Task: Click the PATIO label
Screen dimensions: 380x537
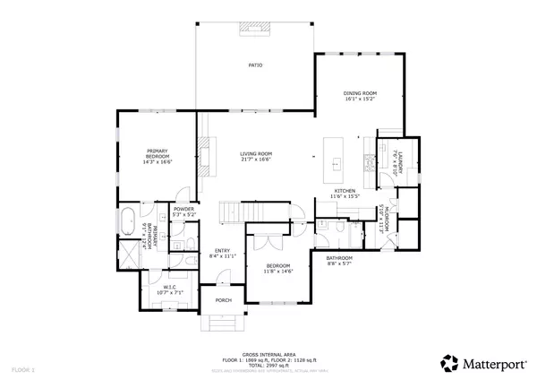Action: point(255,66)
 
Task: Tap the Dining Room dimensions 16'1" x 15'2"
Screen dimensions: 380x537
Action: point(362,99)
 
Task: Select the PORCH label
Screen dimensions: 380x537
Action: point(220,301)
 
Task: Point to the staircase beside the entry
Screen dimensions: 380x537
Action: point(235,211)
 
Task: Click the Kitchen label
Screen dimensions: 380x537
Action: point(345,191)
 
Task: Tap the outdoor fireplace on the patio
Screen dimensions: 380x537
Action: point(255,28)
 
